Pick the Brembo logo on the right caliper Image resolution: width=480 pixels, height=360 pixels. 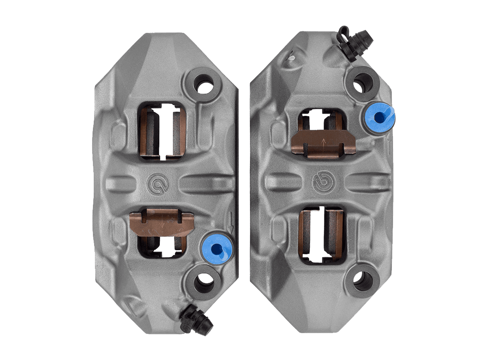coord(322,180)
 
